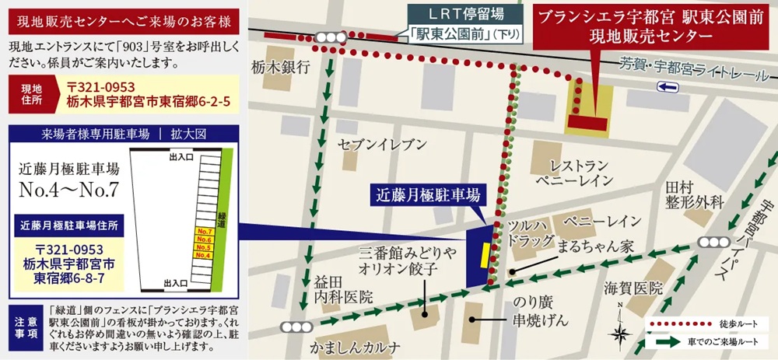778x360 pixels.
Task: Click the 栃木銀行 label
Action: coord(281,68)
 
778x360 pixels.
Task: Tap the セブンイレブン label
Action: coord(382,144)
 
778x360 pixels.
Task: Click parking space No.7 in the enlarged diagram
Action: coord(205,232)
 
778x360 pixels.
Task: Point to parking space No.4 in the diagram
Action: coord(205,255)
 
